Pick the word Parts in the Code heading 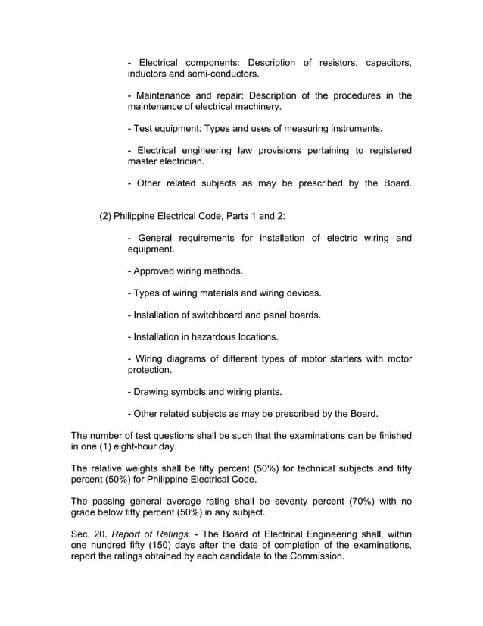(x=239, y=216)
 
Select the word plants (x=268, y=392)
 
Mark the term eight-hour (x=139, y=447)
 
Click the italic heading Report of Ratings (x=151, y=534)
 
